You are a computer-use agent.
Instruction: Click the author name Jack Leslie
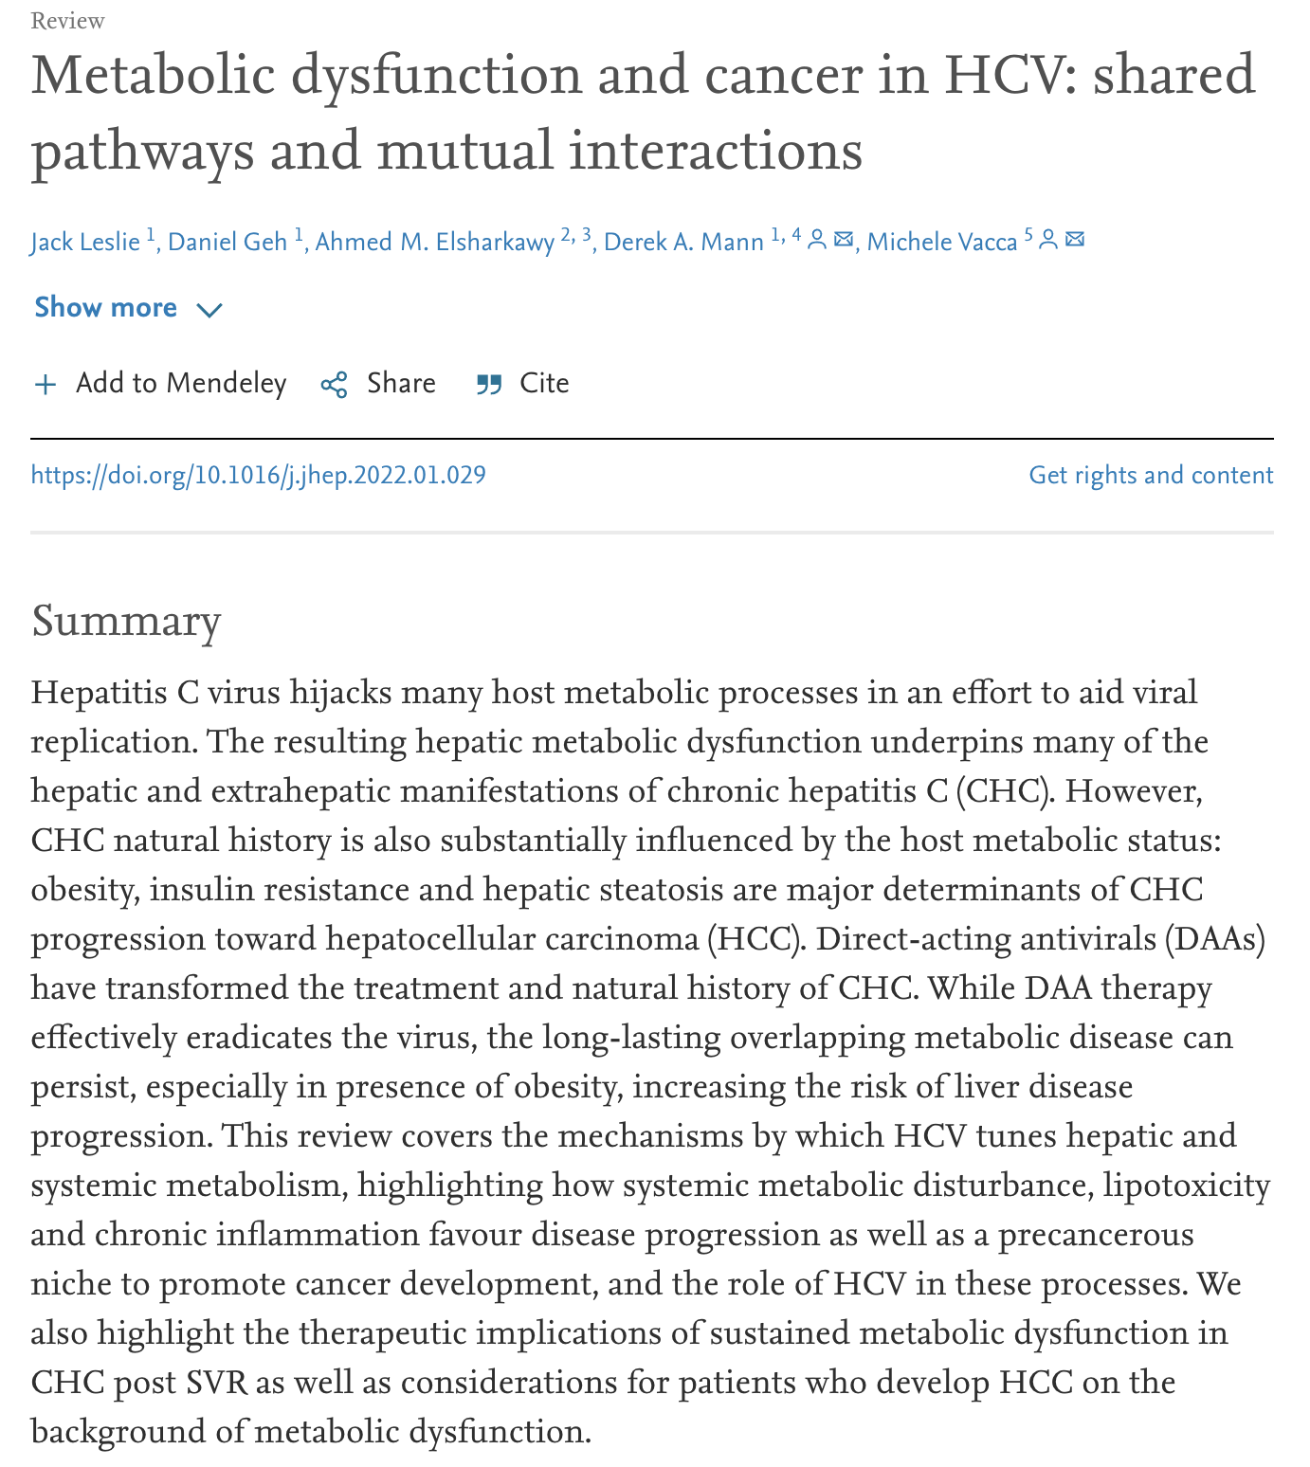click(85, 243)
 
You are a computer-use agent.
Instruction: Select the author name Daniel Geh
click(227, 243)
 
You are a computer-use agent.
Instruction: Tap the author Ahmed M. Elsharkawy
click(434, 243)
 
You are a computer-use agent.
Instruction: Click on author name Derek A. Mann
click(683, 243)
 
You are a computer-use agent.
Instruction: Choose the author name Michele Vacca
click(941, 243)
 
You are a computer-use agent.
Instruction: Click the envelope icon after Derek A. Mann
click(843, 240)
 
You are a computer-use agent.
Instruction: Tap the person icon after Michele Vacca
click(1048, 240)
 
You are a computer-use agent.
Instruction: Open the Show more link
click(105, 308)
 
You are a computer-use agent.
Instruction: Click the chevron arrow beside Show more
click(209, 310)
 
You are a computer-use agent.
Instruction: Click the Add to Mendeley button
click(161, 384)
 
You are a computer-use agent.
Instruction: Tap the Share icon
click(334, 385)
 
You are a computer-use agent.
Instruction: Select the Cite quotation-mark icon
click(489, 385)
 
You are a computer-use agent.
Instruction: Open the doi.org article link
click(258, 475)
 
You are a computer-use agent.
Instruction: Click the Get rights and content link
click(1151, 475)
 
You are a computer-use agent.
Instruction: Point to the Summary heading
click(126, 622)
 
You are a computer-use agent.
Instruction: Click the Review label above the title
click(67, 21)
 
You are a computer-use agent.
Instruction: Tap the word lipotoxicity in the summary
click(1186, 1186)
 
